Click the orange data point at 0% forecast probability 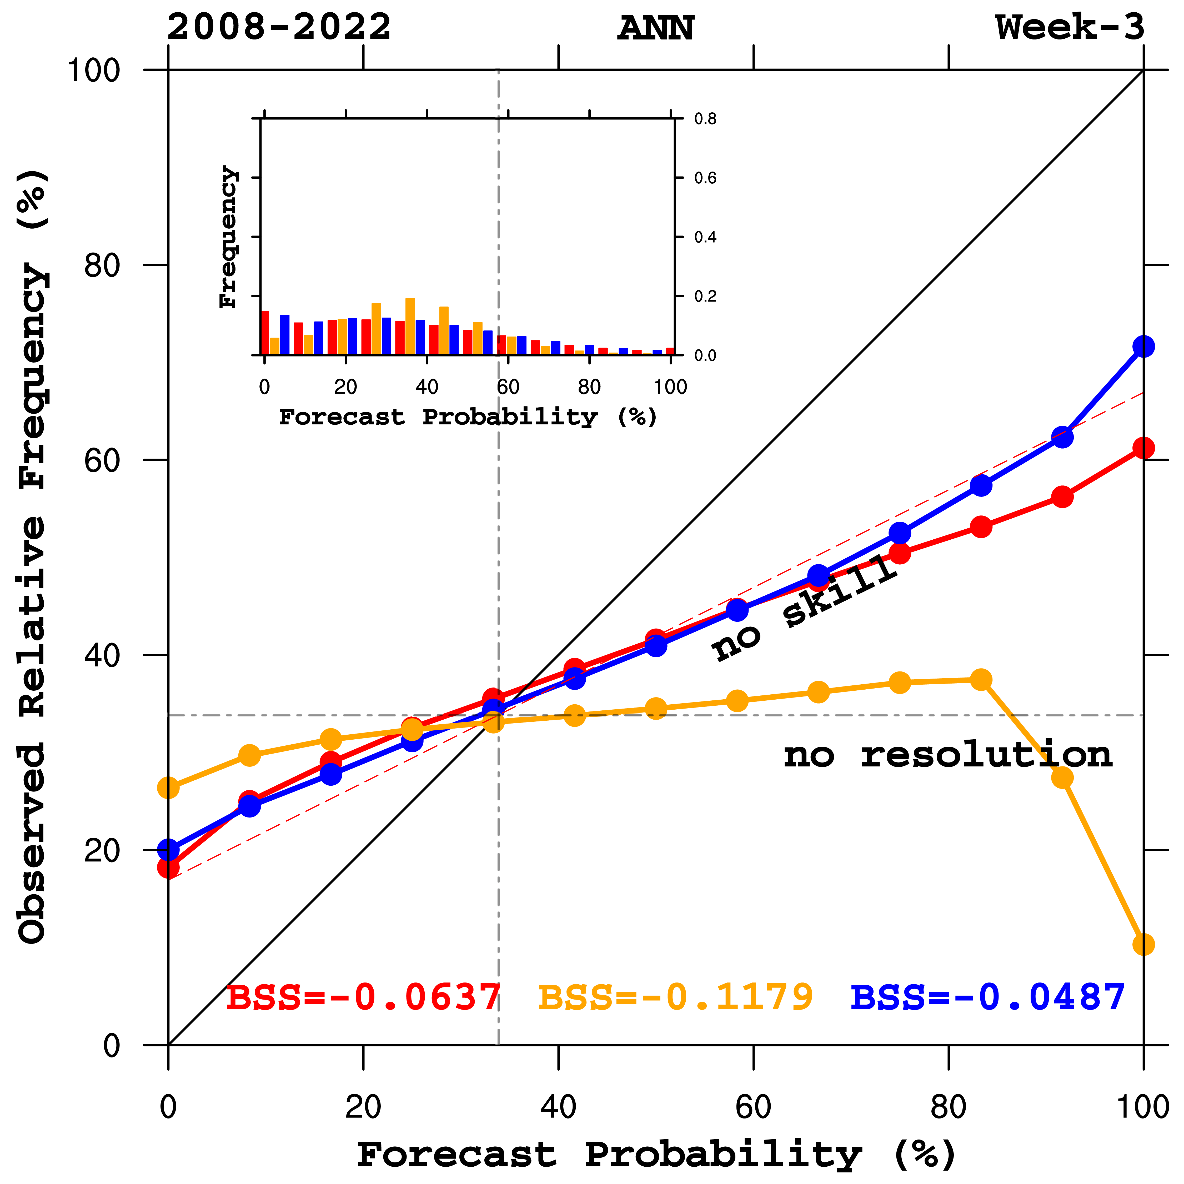[x=169, y=787]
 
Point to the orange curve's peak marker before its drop [x=981, y=680]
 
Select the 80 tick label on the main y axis [x=101, y=265]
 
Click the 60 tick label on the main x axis [x=753, y=1107]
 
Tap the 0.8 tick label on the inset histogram [x=705, y=119]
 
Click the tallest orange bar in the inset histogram [x=410, y=326]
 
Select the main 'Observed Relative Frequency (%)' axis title [x=32, y=558]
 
